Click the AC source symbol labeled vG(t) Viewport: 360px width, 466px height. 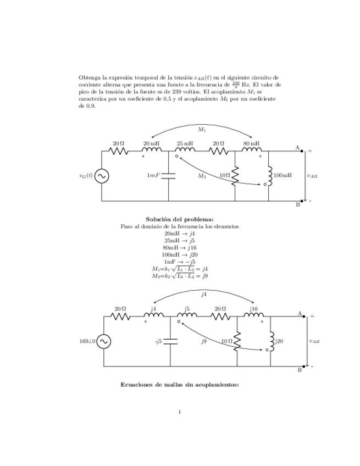pos(102,176)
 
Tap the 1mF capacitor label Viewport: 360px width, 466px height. pos(153,175)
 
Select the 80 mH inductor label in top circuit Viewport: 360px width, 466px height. pos(251,143)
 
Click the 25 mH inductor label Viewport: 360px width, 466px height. pos(185,143)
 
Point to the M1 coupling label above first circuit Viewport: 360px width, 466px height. pos(202,130)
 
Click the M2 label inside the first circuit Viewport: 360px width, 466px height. pos(202,176)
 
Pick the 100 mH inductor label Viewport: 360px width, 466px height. pos(283,175)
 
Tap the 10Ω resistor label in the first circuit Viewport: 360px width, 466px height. pos(224,175)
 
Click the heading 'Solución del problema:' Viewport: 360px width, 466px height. pos(179,219)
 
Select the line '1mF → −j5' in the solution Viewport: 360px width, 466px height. pos(179,262)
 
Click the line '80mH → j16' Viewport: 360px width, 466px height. pos(179,247)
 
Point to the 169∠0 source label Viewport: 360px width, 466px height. pos(87,341)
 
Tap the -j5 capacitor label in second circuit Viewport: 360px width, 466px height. pos(158,341)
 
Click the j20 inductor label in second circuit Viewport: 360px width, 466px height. pos(279,341)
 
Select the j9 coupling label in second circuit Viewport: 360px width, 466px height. pos(203,341)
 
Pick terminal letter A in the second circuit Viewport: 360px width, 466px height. pos(300,314)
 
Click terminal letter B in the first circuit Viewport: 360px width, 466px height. pos(298,204)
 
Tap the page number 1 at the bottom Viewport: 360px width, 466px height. pos(180,411)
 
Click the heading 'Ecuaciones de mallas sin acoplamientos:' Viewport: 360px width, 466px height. pos(179,385)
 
